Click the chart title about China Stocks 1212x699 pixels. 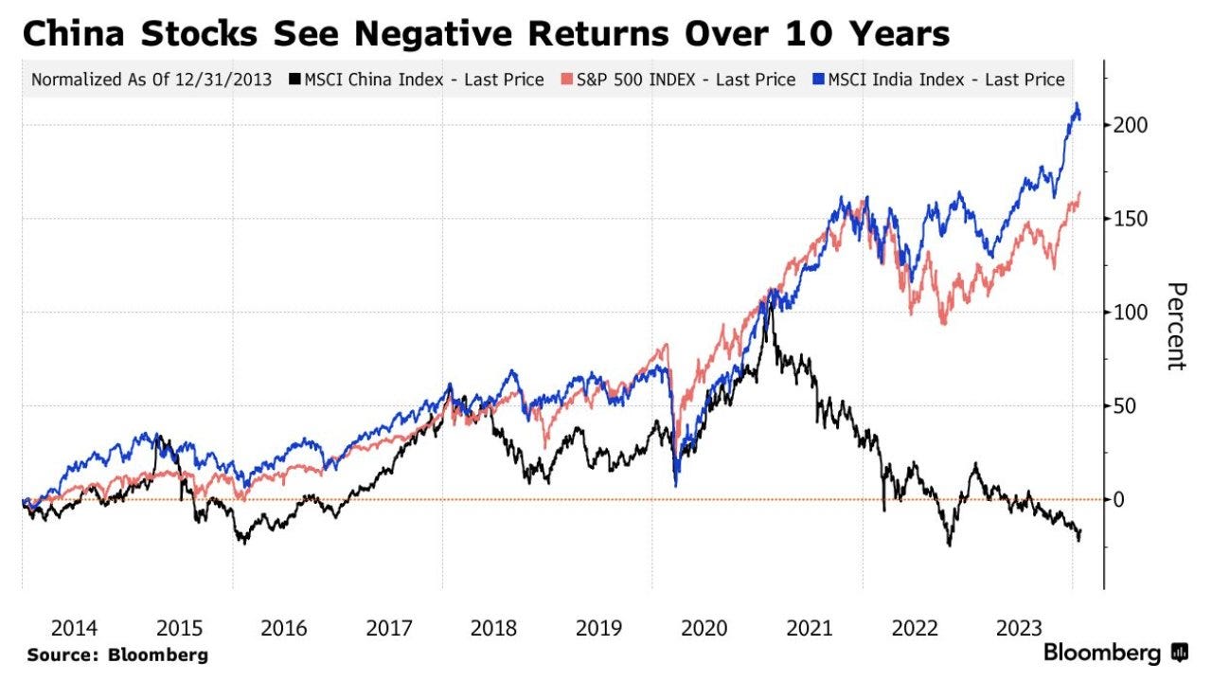click(485, 33)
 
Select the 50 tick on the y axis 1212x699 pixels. click(1124, 406)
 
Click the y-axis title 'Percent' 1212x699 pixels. click(1175, 326)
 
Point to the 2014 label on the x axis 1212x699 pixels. click(75, 628)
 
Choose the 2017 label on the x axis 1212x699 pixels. click(389, 628)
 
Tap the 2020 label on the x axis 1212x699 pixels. click(704, 628)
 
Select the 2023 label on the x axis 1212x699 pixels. click(1019, 628)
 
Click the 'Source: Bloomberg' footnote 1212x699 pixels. click(117, 654)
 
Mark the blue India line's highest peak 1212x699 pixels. click(1076, 104)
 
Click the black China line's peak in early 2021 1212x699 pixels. click(768, 305)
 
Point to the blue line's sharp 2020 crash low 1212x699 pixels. click(676, 486)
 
